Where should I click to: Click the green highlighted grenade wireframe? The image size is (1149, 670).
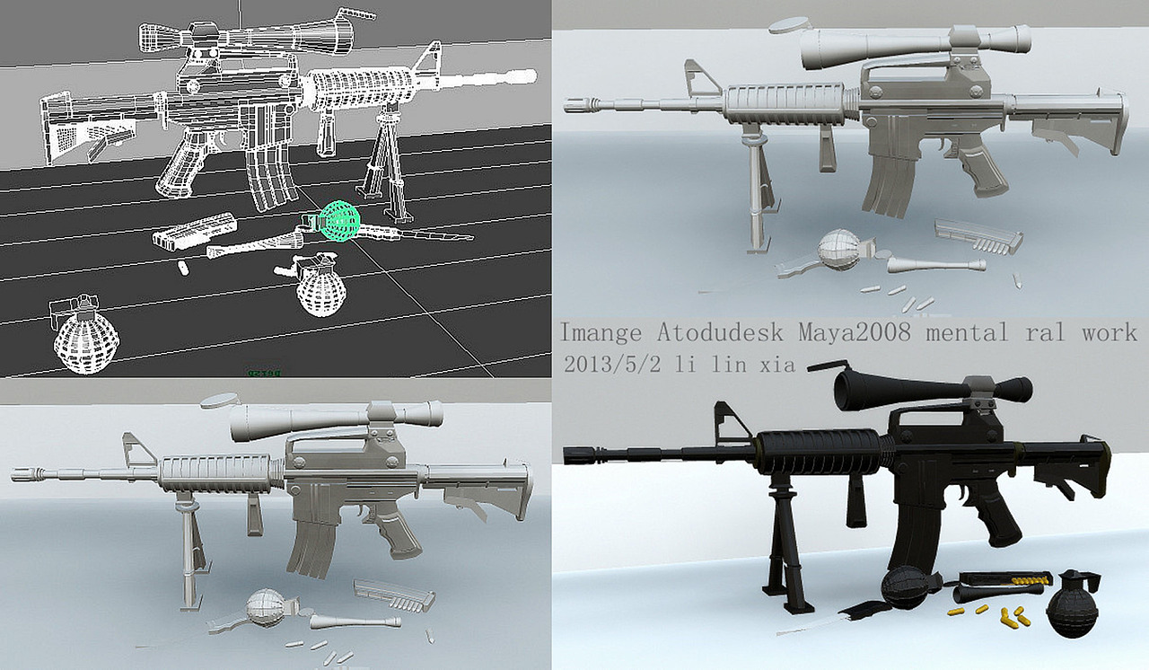[x=340, y=220]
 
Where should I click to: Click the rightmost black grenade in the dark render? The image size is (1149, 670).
[x=1073, y=605]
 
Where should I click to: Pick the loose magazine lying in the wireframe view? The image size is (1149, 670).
[x=193, y=231]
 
